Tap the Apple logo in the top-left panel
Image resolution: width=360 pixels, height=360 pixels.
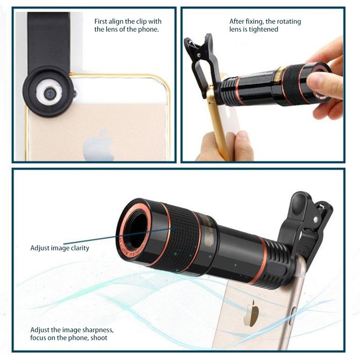pyautogui.click(x=99, y=144)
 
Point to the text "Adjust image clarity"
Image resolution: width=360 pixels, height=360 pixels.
pyautogui.click(x=60, y=248)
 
